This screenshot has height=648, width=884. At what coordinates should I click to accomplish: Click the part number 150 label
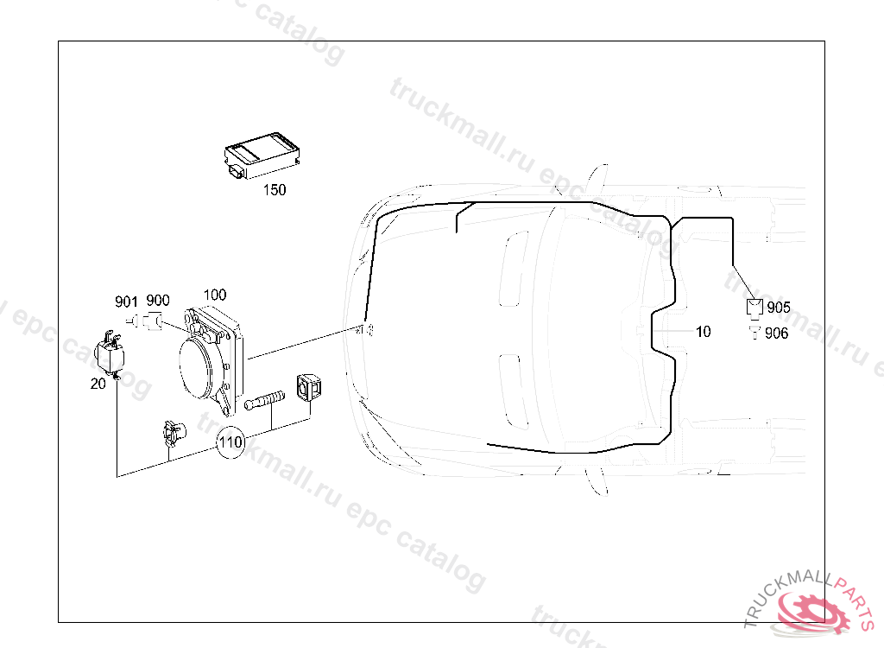pyautogui.click(x=275, y=190)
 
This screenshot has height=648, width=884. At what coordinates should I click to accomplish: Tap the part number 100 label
pyautogui.click(x=214, y=295)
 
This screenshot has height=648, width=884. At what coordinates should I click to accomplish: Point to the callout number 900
pyautogui.click(x=158, y=301)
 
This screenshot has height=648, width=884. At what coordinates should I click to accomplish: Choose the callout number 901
pyautogui.click(x=127, y=302)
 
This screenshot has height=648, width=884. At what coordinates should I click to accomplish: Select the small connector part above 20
pyautogui.click(x=110, y=352)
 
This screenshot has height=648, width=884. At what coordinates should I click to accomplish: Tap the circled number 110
pyautogui.click(x=230, y=443)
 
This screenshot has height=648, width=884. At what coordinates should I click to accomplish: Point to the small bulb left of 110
pyautogui.click(x=172, y=432)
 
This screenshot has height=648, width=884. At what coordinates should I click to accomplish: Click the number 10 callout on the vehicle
pyautogui.click(x=704, y=332)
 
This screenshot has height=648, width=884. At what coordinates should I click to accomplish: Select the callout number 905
pyautogui.click(x=779, y=308)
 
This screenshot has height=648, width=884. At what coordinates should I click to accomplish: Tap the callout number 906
pyautogui.click(x=777, y=334)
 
